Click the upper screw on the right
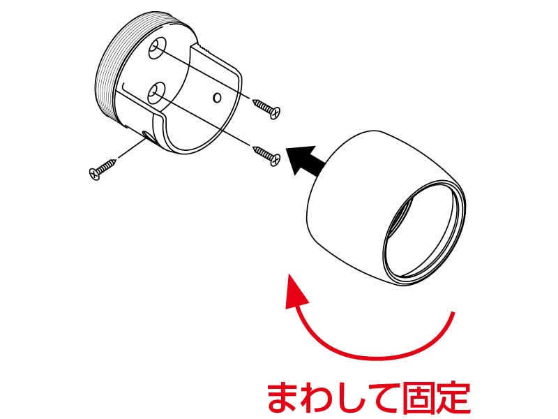point(266,108)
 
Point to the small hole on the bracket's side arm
point(217,96)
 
